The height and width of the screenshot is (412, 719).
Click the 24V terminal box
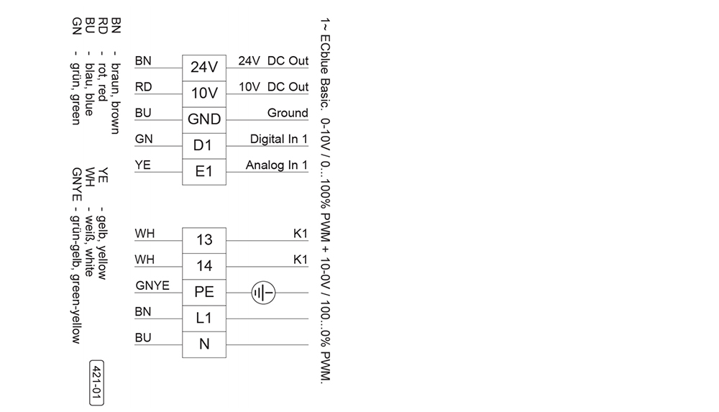[204, 68]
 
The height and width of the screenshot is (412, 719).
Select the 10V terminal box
[204, 94]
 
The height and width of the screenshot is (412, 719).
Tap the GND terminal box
[204, 121]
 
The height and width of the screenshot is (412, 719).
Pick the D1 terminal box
[204, 147]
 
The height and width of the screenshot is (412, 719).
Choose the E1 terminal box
[204, 173]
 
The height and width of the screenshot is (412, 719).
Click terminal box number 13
[204, 241]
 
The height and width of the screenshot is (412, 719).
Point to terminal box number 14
[204, 267]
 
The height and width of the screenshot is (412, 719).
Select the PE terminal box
[204, 293]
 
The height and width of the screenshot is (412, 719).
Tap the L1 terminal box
[204, 319]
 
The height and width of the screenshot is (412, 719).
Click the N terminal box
[204, 344]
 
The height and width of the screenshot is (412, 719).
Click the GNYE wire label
[152, 285]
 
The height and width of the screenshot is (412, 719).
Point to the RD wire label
[143, 87]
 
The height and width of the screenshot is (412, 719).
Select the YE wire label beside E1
[142, 165]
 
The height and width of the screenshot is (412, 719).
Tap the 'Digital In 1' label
[279, 139]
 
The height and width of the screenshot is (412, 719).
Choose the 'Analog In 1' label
[277, 165]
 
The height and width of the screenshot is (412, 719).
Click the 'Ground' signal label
[288, 113]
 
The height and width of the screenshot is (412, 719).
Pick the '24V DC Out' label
[273, 60]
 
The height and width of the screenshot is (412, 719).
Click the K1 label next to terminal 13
[301, 234]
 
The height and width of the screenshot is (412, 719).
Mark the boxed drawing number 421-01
[96, 383]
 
